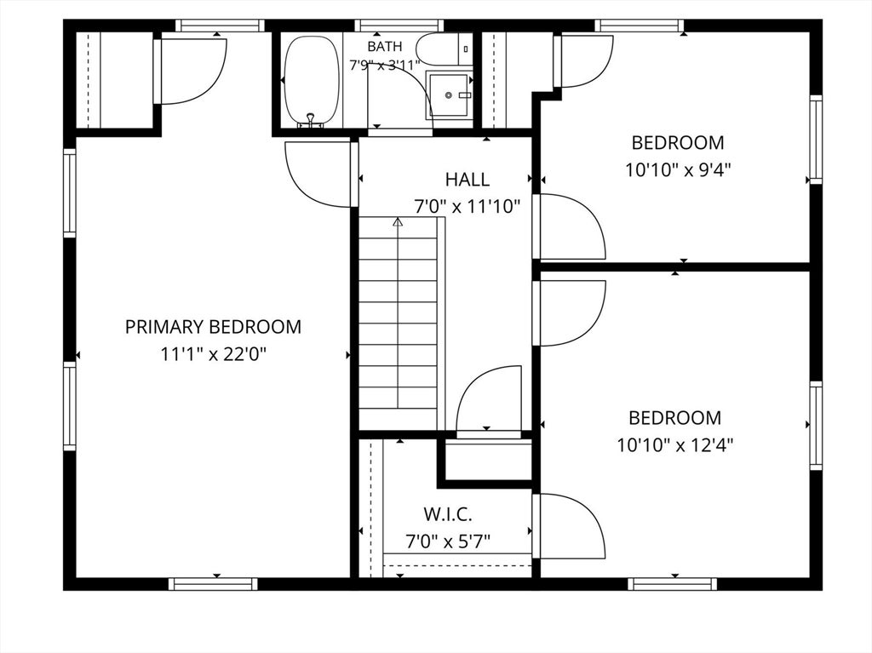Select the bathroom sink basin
click(x=449, y=95)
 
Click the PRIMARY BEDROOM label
click(x=213, y=327)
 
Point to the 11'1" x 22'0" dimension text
click(x=214, y=354)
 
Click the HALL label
click(x=468, y=179)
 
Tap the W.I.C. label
click(x=448, y=514)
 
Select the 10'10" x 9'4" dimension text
click(x=678, y=169)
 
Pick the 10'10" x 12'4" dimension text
click(x=675, y=445)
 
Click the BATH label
click(x=384, y=46)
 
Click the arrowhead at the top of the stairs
click(x=398, y=222)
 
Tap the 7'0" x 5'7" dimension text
click(x=448, y=541)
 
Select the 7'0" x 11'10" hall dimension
click(x=468, y=207)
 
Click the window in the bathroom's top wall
click(x=399, y=25)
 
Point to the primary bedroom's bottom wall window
click(x=213, y=583)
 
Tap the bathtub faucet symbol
click(x=311, y=121)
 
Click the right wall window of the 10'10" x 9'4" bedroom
click(x=815, y=139)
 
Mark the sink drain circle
click(x=448, y=95)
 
